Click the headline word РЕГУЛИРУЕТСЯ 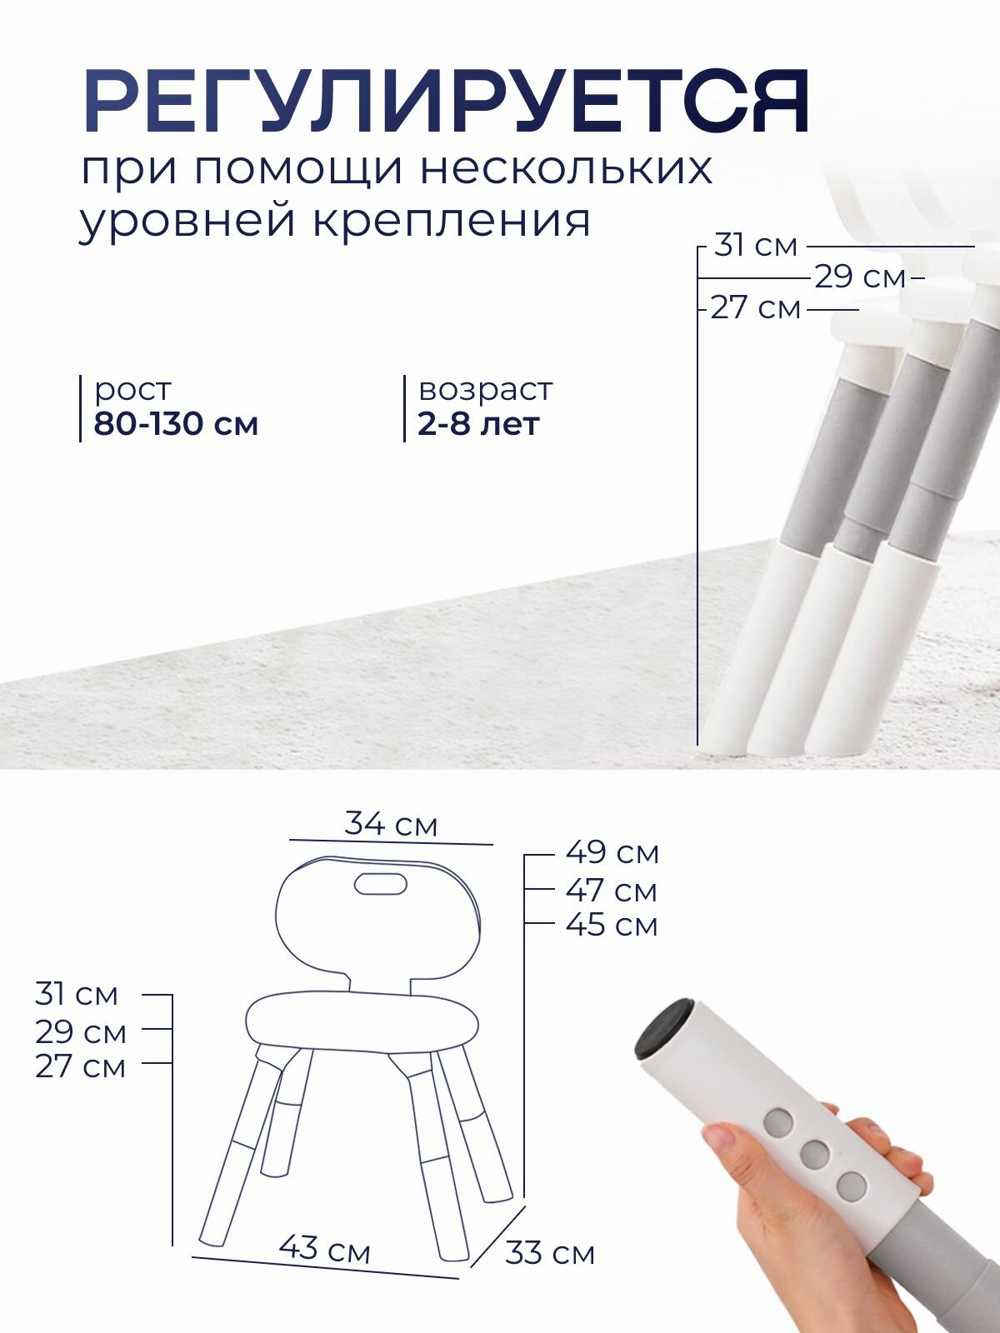(446, 102)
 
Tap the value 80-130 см (176, 424)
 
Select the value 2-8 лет (478, 424)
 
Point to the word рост (132, 389)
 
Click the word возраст (485, 389)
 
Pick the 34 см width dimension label (391, 824)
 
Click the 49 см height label (612, 852)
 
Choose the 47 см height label (612, 891)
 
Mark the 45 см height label (612, 925)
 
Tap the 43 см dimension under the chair (325, 1248)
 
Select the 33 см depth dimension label (550, 1253)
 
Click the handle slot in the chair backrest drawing (381, 884)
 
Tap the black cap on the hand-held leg (663, 1028)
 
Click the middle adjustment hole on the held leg (814, 1154)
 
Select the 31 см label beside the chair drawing (77, 994)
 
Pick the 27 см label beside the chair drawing (80, 1066)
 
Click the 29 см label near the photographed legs (859, 277)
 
